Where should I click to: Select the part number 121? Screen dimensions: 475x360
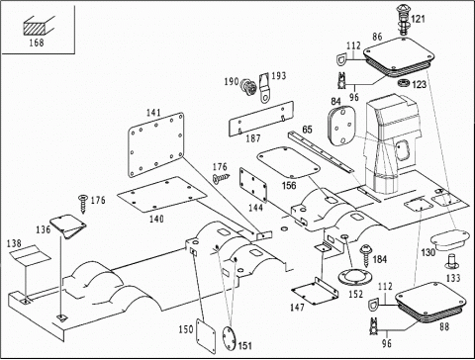tap(419, 19)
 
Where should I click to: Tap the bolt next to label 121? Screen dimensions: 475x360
tap(403, 20)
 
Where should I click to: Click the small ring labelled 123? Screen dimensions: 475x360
tap(404, 83)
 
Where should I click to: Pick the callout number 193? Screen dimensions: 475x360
tap(278, 76)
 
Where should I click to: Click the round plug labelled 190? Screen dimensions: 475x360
tap(249, 87)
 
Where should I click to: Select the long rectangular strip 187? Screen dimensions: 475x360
tap(261, 118)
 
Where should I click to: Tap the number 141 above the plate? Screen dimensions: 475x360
tap(153, 113)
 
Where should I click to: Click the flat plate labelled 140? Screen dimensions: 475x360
tap(162, 194)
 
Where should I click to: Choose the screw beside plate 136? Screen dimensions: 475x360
tap(83, 204)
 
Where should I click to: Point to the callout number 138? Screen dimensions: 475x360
tap(14, 243)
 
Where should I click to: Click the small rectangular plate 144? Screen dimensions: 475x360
tap(253, 185)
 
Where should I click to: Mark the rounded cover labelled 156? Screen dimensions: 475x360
tap(288, 162)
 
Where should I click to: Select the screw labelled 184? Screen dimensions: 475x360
tap(366, 255)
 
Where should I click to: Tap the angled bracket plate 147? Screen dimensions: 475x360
tap(316, 291)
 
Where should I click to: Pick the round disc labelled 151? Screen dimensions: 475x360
tap(229, 338)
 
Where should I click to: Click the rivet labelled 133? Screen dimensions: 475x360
tap(452, 261)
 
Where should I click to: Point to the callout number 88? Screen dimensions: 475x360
tap(444, 326)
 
